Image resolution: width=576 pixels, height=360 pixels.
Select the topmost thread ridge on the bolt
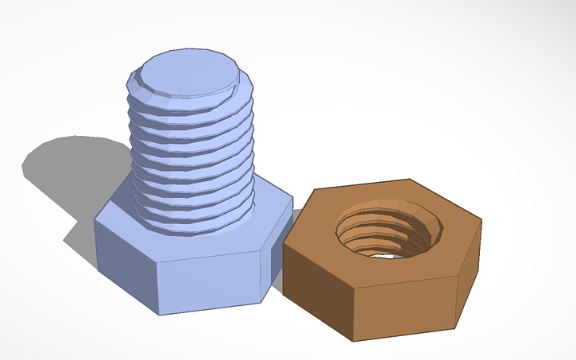pos(191,99)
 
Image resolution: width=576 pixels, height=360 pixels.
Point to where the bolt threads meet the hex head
pos(195,227)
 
